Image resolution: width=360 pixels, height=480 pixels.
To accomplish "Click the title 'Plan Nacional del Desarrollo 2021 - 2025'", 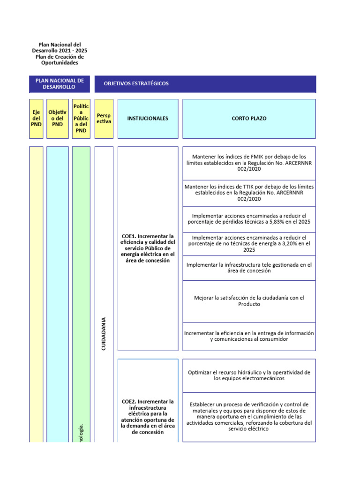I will pyautogui.click(x=60, y=47).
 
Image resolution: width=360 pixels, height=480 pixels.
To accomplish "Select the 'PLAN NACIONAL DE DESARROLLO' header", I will pyautogui.click(x=59, y=84).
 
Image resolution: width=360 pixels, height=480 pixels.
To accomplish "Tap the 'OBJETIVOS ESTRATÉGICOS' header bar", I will pyautogui.click(x=205, y=84).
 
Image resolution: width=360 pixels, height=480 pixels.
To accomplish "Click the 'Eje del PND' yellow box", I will pyautogui.click(x=36, y=119).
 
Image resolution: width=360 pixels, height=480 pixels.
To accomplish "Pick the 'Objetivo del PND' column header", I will pyautogui.click(x=57, y=119).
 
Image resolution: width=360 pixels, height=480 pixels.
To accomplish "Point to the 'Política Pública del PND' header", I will pyautogui.click(x=81, y=119).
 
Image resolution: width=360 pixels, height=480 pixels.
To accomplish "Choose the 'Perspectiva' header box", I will pyautogui.click(x=104, y=119).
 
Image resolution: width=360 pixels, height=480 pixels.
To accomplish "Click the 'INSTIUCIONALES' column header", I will pyautogui.click(x=148, y=119).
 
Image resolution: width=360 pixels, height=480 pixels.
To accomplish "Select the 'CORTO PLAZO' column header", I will pyautogui.click(x=249, y=119).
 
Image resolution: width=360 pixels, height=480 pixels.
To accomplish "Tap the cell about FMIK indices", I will pyautogui.click(x=249, y=163).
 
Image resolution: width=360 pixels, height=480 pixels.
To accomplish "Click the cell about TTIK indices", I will pyautogui.click(x=249, y=193).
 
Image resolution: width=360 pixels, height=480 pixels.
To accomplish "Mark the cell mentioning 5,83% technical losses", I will pyautogui.click(x=249, y=219).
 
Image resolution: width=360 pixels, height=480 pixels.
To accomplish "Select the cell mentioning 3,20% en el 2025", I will pyautogui.click(x=249, y=244).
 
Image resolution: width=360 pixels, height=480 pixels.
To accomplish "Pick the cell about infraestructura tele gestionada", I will pyautogui.click(x=249, y=268).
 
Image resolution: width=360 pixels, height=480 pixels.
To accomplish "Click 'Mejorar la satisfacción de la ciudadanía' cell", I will pyautogui.click(x=249, y=301).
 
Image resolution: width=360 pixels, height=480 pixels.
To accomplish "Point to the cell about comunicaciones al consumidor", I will pyautogui.click(x=249, y=336).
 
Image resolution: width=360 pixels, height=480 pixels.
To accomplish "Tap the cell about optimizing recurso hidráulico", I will pyautogui.click(x=249, y=375).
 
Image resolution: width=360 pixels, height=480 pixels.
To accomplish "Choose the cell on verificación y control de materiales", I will pyautogui.click(x=249, y=417).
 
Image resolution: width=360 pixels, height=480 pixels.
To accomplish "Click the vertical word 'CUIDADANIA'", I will pyautogui.click(x=104, y=333).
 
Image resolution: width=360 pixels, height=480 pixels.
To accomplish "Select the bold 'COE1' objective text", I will pyautogui.click(x=148, y=248).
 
